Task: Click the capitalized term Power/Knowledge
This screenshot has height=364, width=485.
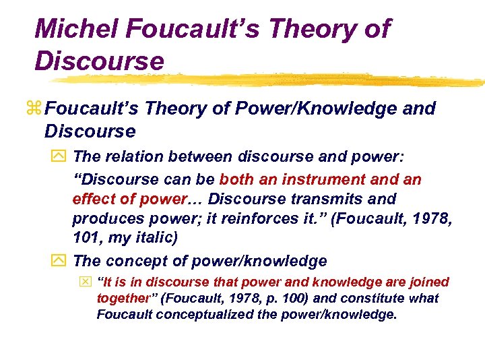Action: click(310, 109)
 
